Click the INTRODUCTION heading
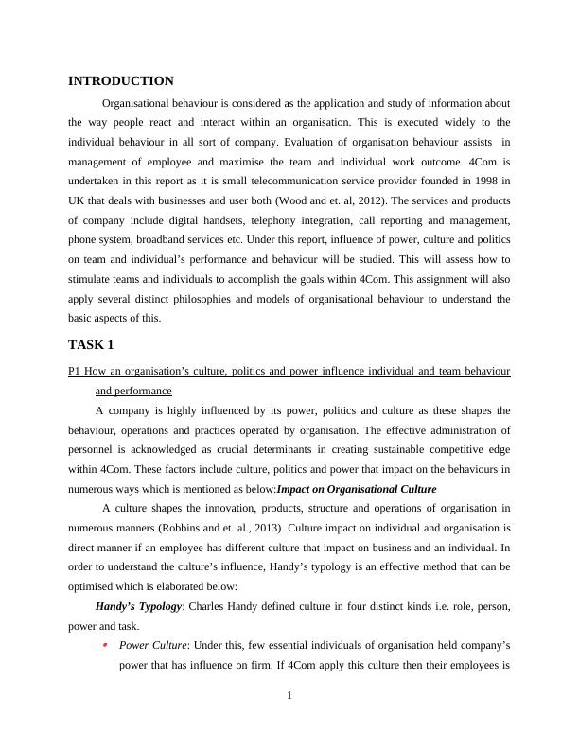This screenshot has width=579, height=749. [x=121, y=81]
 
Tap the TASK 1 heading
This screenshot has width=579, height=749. [x=91, y=344]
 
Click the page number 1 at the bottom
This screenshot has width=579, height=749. [x=289, y=697]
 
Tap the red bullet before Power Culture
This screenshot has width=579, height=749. [x=106, y=645]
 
